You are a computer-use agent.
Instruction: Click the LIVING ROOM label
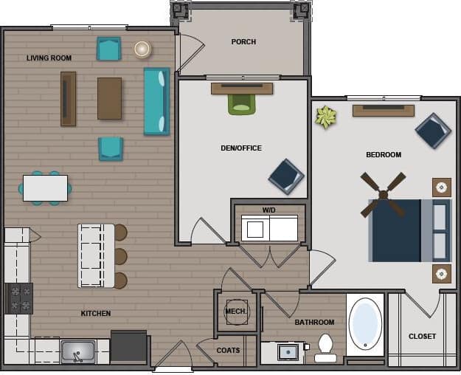[49, 58]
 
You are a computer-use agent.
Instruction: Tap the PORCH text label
[243, 42]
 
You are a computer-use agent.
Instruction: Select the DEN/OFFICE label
[241, 148]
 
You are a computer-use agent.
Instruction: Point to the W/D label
[268, 210]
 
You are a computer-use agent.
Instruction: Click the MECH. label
[236, 312]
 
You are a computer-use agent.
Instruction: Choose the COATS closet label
[228, 351]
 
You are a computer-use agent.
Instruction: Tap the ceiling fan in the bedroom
[383, 195]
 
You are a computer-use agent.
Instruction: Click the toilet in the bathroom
[325, 348]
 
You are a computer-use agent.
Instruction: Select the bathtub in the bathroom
[365, 324]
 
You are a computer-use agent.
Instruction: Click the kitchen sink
[77, 351]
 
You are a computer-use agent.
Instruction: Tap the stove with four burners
[20, 298]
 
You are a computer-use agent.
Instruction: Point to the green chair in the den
[241, 104]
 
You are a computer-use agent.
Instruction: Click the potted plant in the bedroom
[325, 117]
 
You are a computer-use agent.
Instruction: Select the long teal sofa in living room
[156, 101]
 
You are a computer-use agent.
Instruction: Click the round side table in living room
[142, 49]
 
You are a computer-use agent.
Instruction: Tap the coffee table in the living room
[109, 98]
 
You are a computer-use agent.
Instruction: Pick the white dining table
[45, 188]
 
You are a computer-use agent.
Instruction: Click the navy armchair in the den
[285, 176]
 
